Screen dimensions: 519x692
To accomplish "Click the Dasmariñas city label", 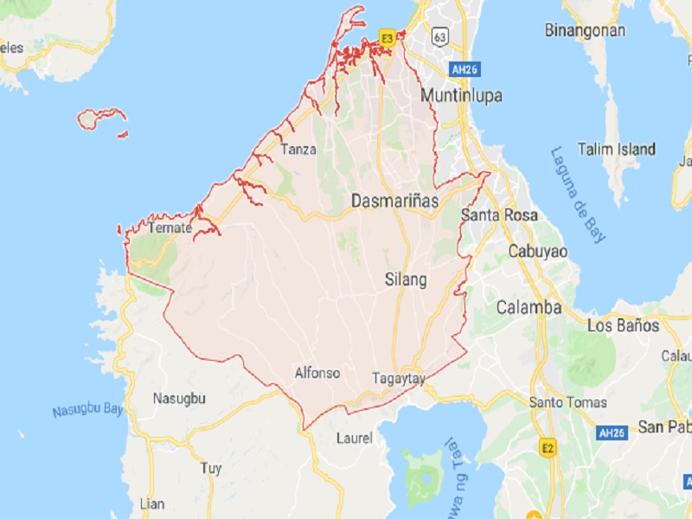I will [394, 201].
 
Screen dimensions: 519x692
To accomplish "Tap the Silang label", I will [406, 279].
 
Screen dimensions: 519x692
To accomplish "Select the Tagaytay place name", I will [398, 378].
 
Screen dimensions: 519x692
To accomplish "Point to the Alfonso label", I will [317, 373].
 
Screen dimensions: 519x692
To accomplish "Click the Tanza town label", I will [297, 149].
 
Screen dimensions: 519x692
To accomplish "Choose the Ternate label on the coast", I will [170, 228].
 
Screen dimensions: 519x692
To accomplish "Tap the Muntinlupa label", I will [460, 95].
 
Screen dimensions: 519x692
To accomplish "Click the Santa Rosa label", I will [498, 215].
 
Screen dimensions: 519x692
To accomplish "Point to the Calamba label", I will [529, 307].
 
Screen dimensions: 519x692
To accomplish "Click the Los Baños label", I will [623, 326].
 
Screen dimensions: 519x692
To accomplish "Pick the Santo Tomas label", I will [567, 402].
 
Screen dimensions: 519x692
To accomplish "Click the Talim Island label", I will [617, 149].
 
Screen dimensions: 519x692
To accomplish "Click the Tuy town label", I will [210, 468].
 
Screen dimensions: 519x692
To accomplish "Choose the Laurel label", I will [354, 438].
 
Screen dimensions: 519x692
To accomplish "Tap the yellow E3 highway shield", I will [387, 38].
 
